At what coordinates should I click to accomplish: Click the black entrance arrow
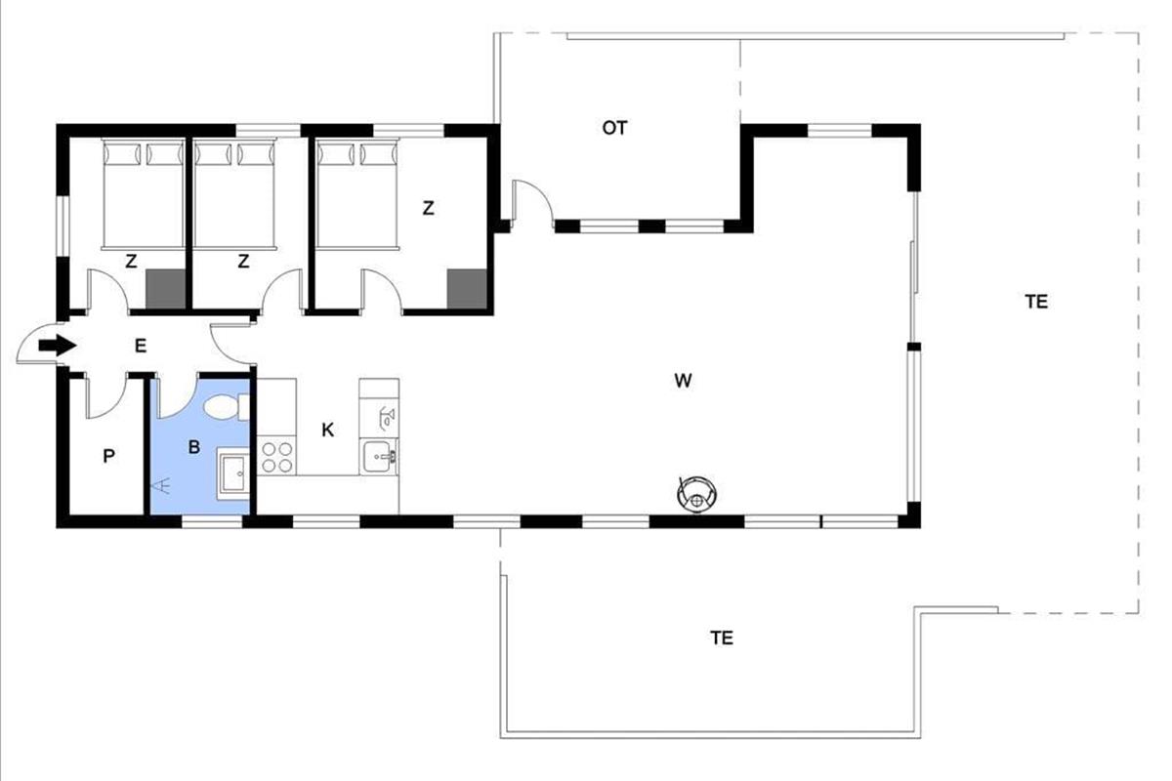point(58,346)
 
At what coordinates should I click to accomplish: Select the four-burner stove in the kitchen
point(276,457)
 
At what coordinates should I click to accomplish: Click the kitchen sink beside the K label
point(379,458)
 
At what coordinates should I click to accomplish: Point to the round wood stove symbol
point(696,494)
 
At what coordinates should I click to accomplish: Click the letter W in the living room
point(683,381)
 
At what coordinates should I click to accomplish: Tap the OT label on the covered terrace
point(614,128)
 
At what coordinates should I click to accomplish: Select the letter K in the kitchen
point(327,430)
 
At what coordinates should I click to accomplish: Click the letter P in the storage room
point(108,456)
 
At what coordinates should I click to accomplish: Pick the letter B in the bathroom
point(194,447)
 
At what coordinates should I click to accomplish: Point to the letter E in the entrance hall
point(141,346)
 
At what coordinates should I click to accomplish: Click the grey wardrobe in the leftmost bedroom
point(165,289)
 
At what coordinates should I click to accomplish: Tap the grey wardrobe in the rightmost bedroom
point(467,289)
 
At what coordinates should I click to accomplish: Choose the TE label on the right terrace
point(1036,302)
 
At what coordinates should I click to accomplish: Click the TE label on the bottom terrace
point(722,637)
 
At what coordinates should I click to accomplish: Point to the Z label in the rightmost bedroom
point(428,208)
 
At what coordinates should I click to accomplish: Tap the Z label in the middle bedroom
point(243,261)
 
